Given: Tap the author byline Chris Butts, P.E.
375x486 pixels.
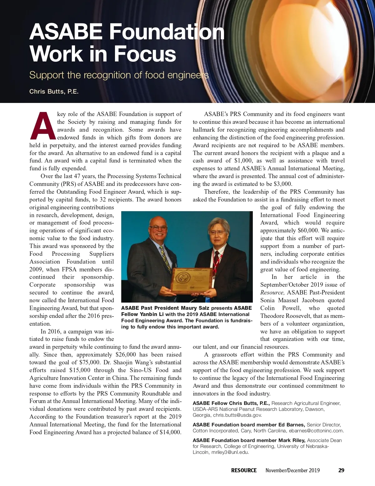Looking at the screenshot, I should coord(54,91).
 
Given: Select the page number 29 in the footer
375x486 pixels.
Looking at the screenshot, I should coord(341,470).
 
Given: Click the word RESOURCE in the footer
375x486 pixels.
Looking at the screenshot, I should coord(244,470).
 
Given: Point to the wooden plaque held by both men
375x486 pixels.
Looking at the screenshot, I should coord(191,280).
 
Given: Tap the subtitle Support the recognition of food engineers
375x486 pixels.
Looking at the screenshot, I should coord(119,75).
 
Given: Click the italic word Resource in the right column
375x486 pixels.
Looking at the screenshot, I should coord(272,293).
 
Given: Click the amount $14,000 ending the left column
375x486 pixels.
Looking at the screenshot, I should coord(170,432).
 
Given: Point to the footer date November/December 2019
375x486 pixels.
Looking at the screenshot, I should coord(292,470).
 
